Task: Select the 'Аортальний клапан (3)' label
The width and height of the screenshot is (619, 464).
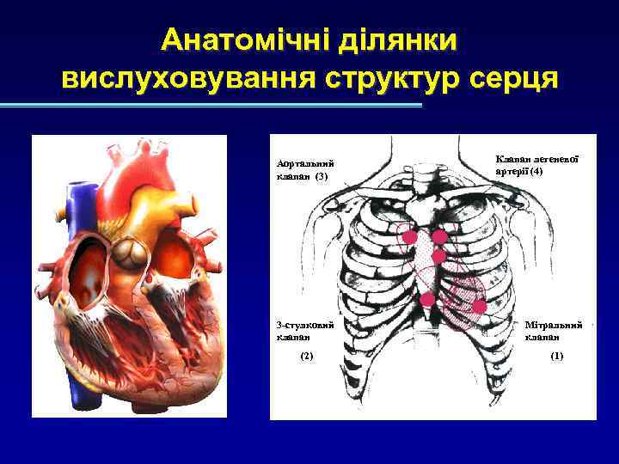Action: point(304,170)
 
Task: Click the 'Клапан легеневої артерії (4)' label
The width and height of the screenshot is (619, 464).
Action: point(537,165)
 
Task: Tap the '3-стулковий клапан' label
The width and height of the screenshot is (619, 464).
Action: point(304,331)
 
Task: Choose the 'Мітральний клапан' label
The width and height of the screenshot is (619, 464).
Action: point(555,331)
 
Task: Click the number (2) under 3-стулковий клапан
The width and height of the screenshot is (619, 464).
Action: point(307,355)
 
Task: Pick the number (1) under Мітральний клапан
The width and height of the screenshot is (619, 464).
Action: point(556,355)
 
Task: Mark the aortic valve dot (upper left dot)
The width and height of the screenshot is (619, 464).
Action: point(409,237)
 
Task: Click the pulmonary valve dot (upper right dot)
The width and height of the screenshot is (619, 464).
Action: point(439,237)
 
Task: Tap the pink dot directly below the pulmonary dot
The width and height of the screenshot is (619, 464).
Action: point(439,256)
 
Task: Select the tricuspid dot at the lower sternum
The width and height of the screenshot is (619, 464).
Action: point(427,299)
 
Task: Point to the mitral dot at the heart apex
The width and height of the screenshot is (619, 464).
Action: point(480,306)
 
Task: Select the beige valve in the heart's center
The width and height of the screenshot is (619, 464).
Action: point(132,252)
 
